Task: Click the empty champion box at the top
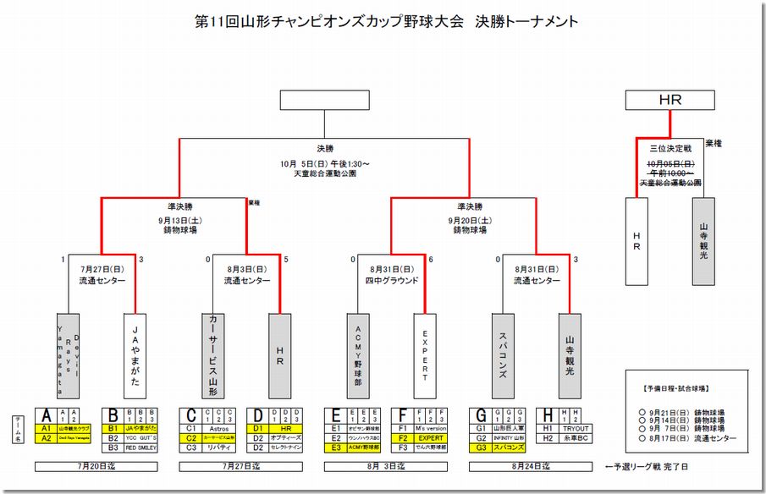pos(324,100)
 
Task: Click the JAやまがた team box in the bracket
pos(135,355)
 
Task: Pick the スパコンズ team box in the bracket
pos(502,355)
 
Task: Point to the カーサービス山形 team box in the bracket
pos(213,355)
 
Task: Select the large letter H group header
pos(548,415)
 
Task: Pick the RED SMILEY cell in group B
pos(141,447)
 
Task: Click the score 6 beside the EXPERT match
pos(431,259)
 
